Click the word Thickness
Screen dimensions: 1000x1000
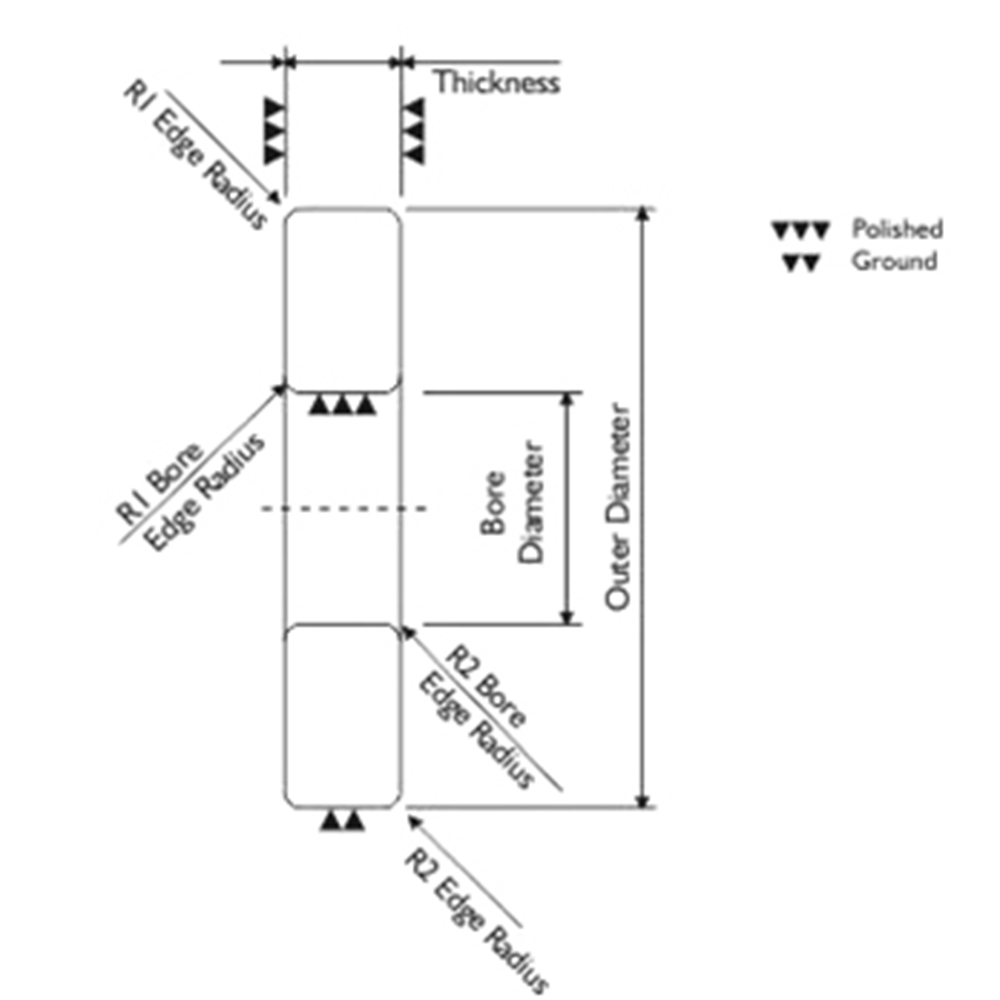497,82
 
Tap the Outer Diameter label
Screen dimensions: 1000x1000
617,507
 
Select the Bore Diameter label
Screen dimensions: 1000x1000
513,503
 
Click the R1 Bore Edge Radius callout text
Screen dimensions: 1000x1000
189,491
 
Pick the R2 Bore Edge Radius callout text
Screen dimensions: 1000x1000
473,716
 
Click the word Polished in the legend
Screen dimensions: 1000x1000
897,229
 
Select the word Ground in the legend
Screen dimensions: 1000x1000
894,261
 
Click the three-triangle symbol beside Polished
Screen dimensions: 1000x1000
801,230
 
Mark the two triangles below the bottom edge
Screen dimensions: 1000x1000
342,820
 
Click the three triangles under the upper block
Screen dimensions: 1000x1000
342,404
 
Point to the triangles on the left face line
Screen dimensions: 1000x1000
274,131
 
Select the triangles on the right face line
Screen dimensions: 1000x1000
413,131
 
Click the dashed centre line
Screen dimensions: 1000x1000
344,508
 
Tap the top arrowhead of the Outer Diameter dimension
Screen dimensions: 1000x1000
643,214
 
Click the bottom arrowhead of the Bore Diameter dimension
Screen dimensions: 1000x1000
567,617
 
